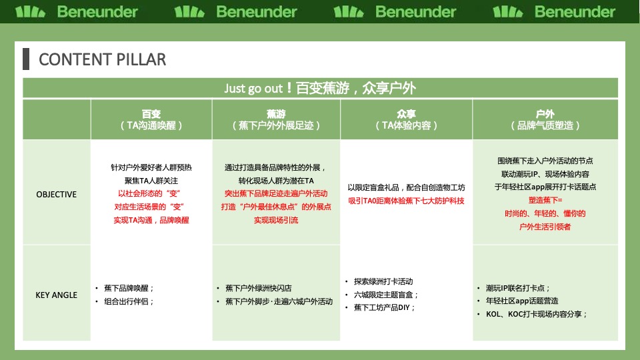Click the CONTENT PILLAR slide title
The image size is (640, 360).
(x=103, y=59)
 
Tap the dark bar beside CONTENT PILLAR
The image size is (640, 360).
(x=26, y=59)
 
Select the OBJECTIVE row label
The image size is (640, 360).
(x=57, y=195)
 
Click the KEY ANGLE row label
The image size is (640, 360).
(x=57, y=295)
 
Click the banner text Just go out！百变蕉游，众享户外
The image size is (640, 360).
(x=320, y=88)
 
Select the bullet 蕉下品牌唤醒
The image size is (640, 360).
(x=129, y=288)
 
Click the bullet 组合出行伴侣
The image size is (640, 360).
(x=129, y=301)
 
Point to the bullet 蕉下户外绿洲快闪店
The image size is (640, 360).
(x=258, y=288)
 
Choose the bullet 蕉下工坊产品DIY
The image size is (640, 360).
(x=385, y=307)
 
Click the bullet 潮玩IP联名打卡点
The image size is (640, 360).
(x=518, y=288)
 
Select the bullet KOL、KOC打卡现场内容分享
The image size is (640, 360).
(x=537, y=314)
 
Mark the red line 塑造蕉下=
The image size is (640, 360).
(x=545, y=200)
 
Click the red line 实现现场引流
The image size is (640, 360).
(x=275, y=219)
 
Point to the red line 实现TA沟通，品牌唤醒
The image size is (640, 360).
(x=151, y=219)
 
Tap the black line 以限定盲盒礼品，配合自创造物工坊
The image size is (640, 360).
(x=406, y=187)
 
